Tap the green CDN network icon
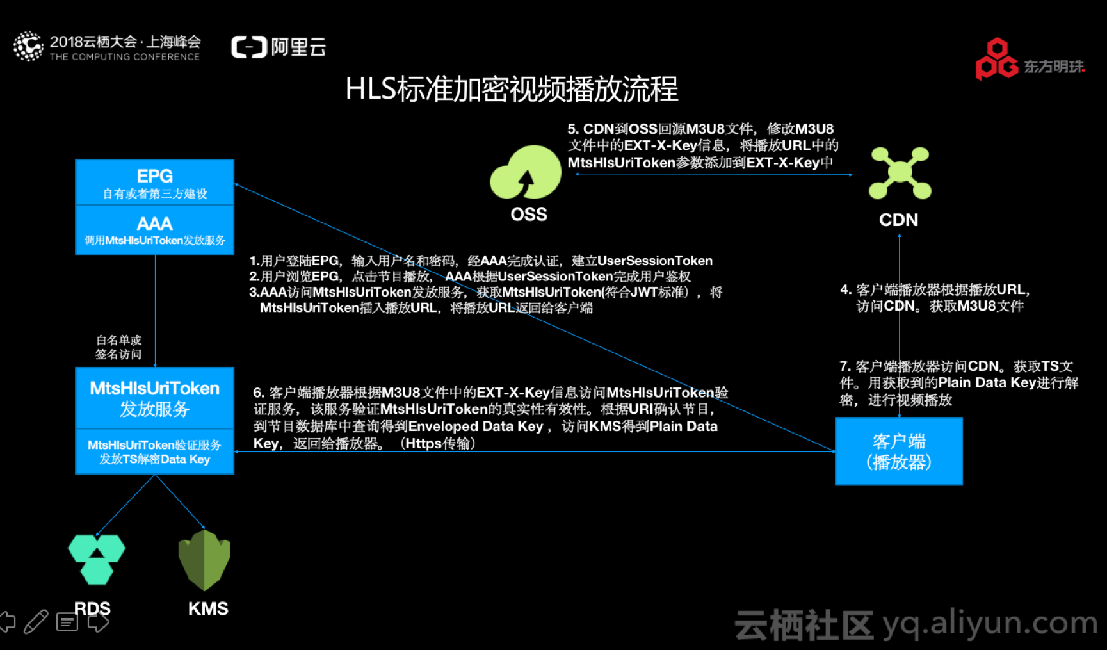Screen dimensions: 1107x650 [900, 172]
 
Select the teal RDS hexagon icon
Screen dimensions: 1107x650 [97, 558]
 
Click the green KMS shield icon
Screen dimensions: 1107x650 [204, 559]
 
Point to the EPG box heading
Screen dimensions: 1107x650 [154, 176]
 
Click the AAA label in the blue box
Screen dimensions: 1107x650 [154, 223]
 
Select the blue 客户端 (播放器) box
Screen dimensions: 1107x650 [898, 451]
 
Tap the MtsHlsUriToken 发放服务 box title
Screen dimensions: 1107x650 [154, 398]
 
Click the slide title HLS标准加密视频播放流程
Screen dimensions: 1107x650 [512, 89]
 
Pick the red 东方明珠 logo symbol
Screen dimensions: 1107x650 [996, 60]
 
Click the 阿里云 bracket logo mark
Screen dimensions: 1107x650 [249, 47]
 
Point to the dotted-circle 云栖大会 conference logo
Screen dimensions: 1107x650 [28, 47]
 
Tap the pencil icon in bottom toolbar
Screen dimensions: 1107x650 [36, 621]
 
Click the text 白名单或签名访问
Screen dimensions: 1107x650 [118, 347]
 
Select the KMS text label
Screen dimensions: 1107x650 [208, 608]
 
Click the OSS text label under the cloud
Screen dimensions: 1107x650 [529, 215]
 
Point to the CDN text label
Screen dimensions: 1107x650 [898, 220]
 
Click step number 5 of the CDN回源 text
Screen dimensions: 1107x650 [572, 129]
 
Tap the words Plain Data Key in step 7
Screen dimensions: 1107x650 [987, 383]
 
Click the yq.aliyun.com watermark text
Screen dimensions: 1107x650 [990, 623]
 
